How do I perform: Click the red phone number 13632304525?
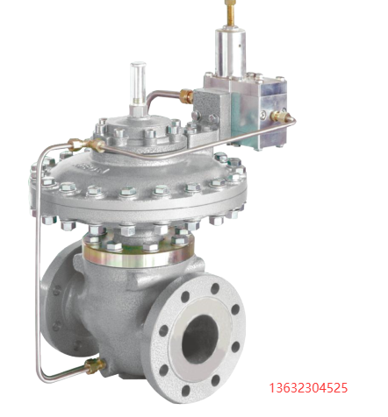[308, 388]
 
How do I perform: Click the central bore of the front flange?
[201, 338]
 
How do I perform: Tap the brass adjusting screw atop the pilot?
[228, 12]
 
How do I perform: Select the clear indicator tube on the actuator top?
[138, 83]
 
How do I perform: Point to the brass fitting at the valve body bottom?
[95, 366]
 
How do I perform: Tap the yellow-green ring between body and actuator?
[138, 255]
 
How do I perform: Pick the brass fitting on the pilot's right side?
[279, 115]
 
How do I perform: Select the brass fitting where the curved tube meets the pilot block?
[186, 95]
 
